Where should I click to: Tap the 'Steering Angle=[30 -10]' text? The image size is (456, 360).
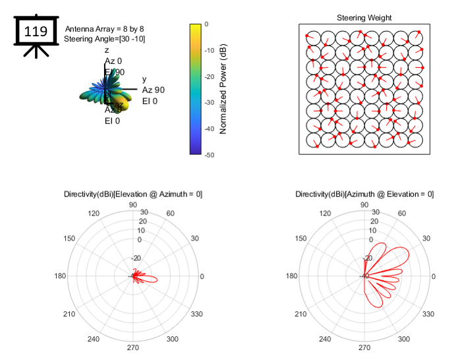pos(105,39)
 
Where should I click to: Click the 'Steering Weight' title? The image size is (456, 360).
pos(364,18)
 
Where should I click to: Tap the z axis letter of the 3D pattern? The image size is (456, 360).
pos(107,50)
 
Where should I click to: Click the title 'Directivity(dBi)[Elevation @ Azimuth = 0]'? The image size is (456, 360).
pos(133,194)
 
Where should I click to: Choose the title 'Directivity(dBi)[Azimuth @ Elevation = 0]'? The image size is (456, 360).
pos(364,194)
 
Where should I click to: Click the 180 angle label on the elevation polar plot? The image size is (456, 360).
pos(61,276)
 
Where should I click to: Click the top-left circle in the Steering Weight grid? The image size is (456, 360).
pos(313,38)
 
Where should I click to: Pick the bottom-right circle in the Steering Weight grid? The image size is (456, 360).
pos(414,140)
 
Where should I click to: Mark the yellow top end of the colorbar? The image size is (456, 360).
pos(195,27)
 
